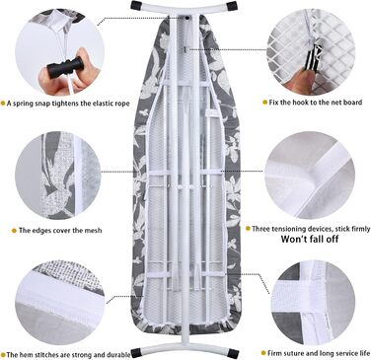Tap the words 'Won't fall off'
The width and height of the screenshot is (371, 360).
pos(310,239)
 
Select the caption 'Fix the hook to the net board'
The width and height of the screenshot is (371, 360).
pos(316,103)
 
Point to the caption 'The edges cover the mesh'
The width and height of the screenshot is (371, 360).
pos(60,231)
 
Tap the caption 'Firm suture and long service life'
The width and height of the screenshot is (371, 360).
pos(319,353)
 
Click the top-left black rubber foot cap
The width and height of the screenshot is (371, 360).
pos(136,5)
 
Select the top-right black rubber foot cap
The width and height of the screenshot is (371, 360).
pos(232,5)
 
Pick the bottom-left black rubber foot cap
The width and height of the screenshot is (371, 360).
pos(136,354)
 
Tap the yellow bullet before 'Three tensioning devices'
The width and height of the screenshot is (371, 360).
pos(248,229)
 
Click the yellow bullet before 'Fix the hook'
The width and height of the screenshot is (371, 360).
pos(264,103)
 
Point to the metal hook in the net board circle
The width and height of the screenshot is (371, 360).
pos(310,56)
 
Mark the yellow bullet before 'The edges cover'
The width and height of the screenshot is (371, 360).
pos(14,231)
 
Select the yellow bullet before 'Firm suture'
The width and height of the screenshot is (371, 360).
pos(263,353)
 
